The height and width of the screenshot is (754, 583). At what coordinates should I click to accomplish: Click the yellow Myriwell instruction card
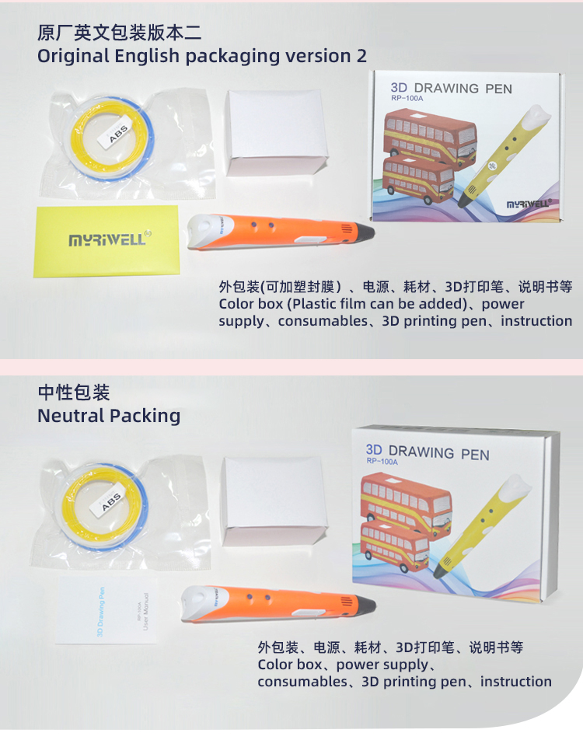coord(106,242)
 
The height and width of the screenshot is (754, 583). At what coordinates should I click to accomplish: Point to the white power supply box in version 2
coord(277,132)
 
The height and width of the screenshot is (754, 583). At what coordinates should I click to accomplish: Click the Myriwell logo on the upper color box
coord(528,204)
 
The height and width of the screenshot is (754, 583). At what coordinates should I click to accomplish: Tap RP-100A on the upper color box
coord(407,99)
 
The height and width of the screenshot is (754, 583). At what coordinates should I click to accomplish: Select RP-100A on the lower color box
coord(382,462)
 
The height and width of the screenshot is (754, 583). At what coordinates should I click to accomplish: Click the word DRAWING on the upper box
coord(446,89)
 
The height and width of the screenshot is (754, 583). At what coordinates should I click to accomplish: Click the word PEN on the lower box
coord(475,455)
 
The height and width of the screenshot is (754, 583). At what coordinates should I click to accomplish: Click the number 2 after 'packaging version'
coord(361,56)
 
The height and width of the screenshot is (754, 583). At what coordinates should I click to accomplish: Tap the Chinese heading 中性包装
coord(74,393)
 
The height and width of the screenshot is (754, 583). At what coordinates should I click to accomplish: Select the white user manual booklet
coord(106,609)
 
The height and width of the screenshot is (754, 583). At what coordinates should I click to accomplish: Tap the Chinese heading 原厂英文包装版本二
coord(120,33)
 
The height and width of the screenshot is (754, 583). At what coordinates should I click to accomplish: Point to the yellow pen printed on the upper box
coord(504,157)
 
